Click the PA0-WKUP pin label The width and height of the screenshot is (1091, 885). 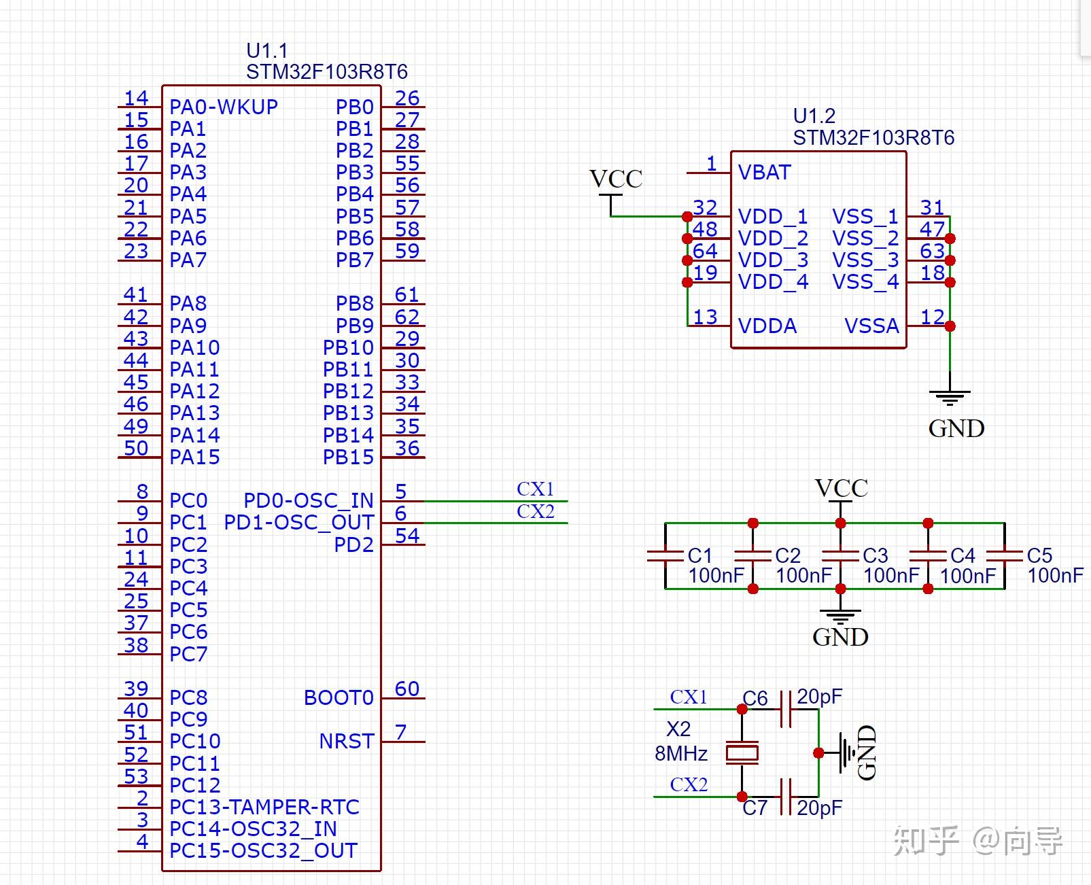tap(224, 107)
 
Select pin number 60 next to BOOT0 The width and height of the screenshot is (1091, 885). tap(407, 689)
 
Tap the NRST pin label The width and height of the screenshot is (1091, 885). tap(347, 741)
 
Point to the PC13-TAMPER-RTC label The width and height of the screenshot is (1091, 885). tap(264, 807)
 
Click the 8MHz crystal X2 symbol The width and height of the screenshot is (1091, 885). tap(742, 753)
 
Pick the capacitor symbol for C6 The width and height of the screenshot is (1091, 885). tap(786, 710)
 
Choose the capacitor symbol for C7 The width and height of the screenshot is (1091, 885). tap(786, 797)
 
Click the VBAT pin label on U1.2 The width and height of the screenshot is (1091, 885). tap(764, 173)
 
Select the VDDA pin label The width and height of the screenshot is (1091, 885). tap(767, 326)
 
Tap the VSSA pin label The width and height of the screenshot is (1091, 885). tap(871, 326)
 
